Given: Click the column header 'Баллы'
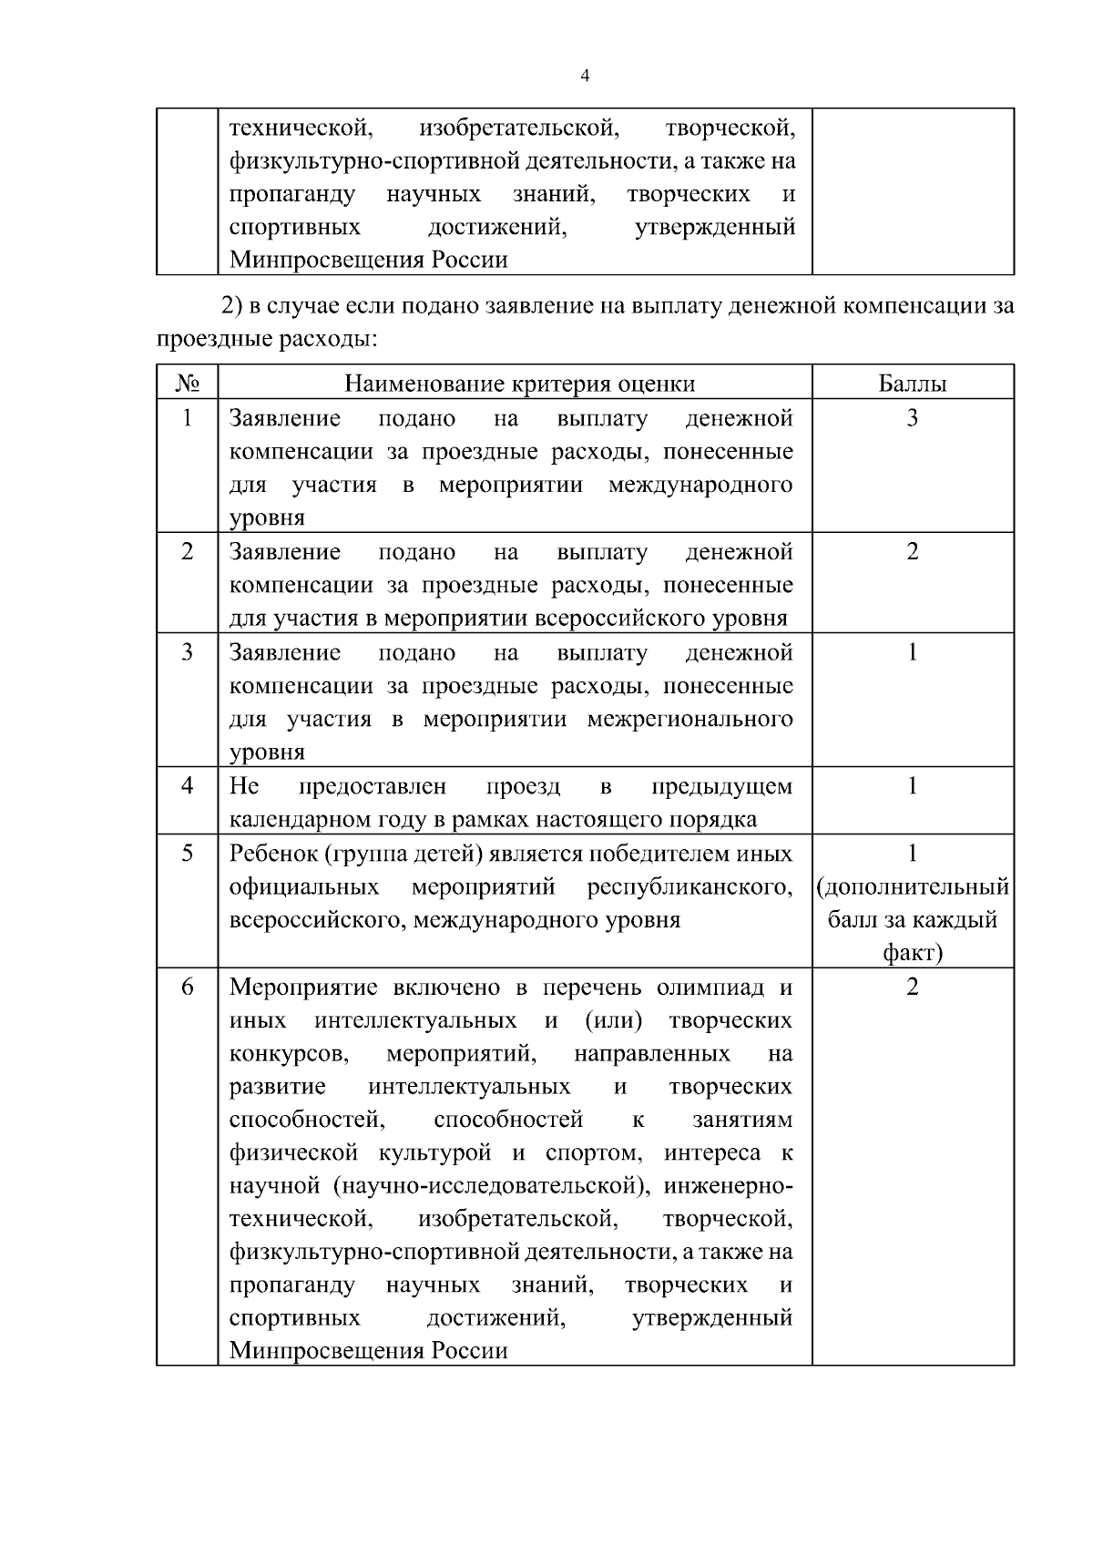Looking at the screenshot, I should [x=912, y=384].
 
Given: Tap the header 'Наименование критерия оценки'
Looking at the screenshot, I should [x=519, y=384].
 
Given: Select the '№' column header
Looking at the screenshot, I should [x=188, y=384].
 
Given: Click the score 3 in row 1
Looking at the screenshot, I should [x=912, y=418].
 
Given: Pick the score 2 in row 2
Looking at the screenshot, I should [x=912, y=552].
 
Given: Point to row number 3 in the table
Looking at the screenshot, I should [x=188, y=652].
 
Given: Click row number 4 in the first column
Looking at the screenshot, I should [x=188, y=785].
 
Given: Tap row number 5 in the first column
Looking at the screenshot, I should [x=188, y=854].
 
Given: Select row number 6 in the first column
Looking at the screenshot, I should [x=188, y=987].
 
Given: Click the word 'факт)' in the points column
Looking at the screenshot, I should [x=912, y=953].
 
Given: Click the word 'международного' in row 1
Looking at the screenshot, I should [x=700, y=485].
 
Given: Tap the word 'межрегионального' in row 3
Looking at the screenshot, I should [x=689, y=719].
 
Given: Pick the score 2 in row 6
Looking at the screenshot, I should [x=912, y=988].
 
